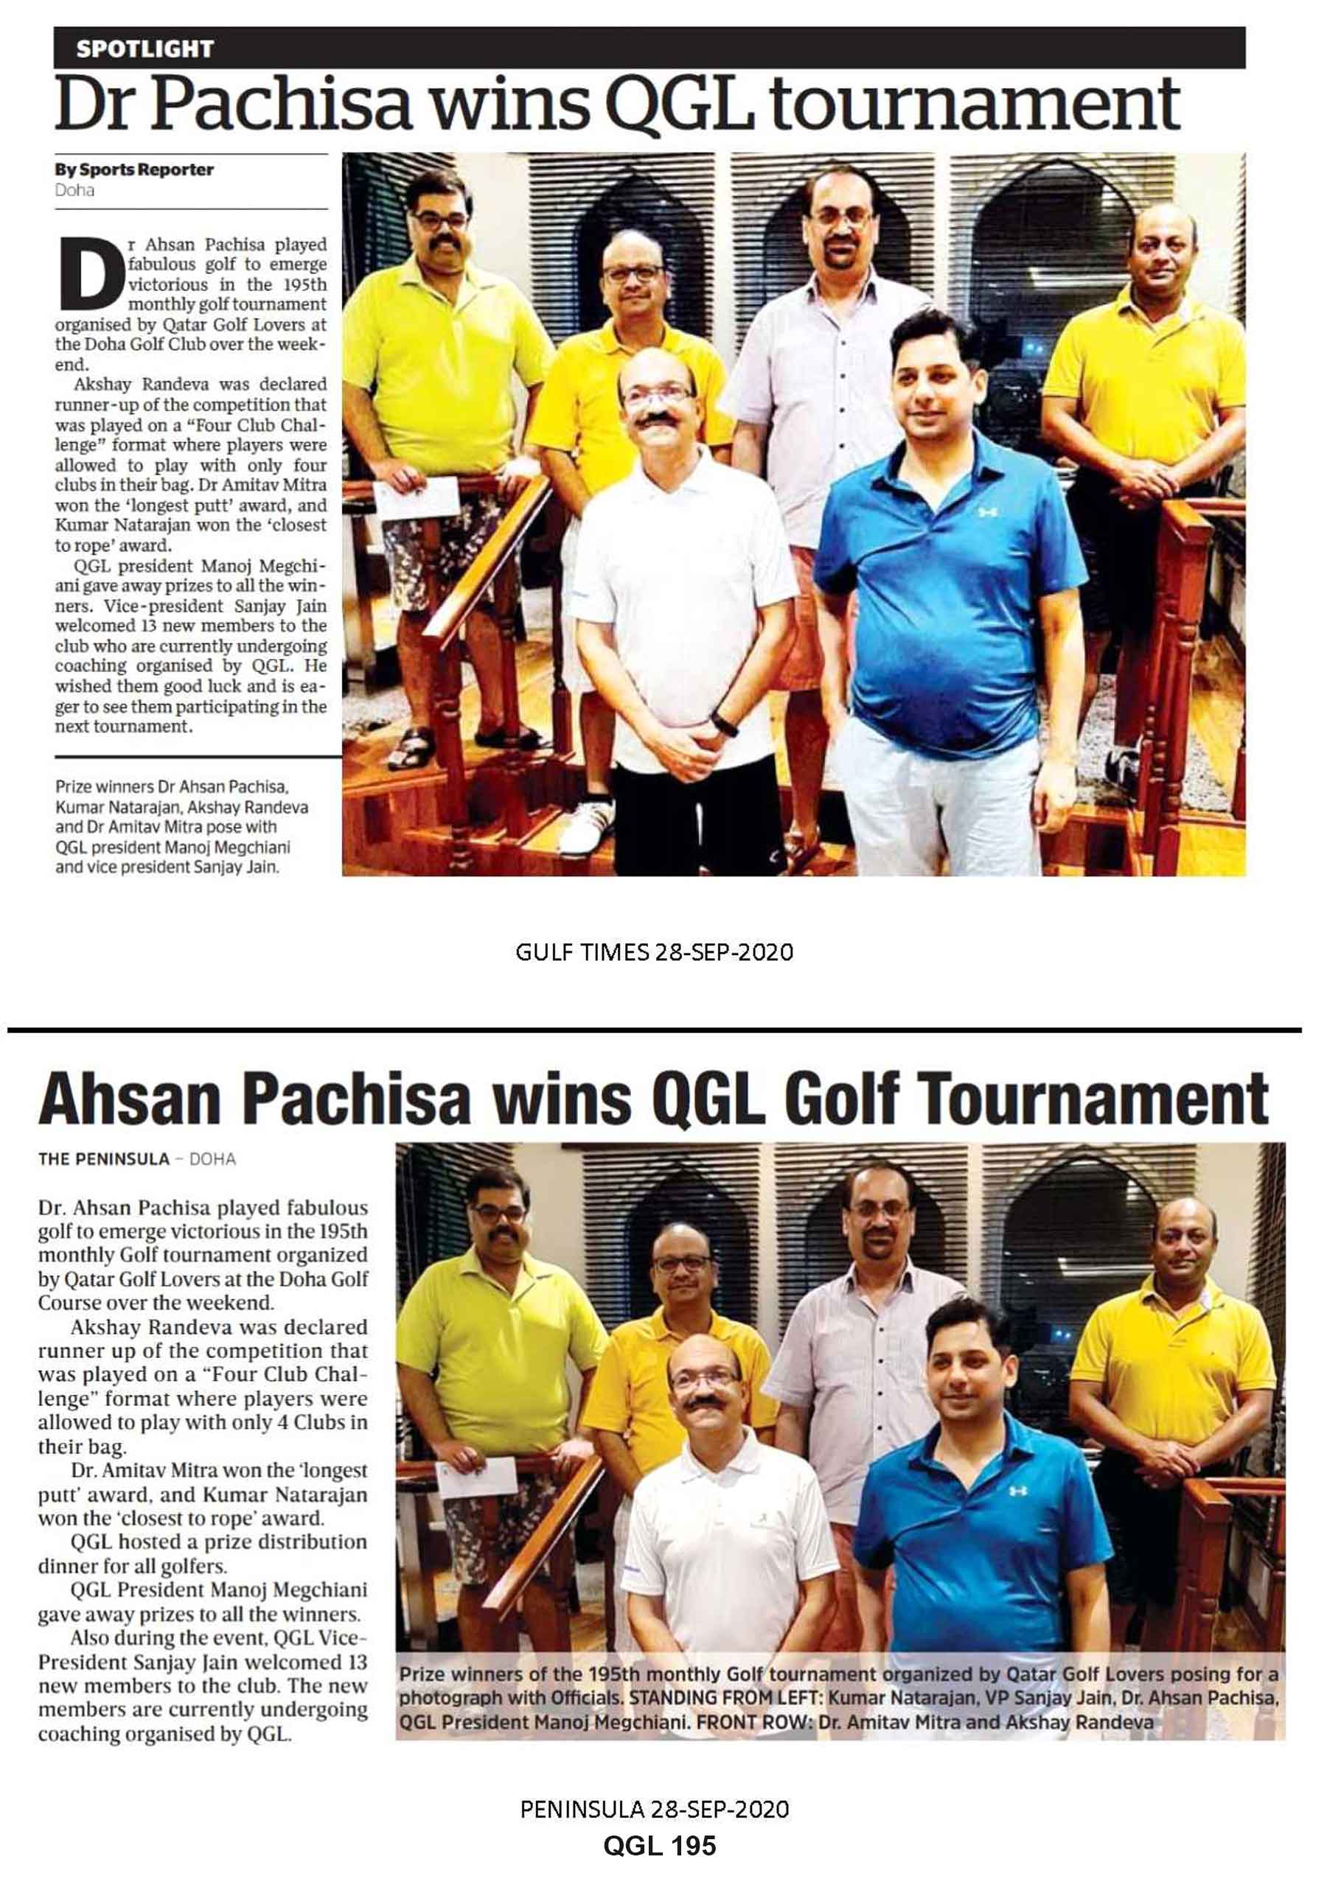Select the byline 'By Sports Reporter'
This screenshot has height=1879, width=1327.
134,169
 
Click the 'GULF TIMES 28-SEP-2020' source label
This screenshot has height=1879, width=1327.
654,952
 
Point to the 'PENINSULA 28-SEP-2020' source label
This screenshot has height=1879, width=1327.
654,1808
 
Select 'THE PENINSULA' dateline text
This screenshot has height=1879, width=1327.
104,1159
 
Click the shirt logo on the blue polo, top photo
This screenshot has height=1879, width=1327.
987,512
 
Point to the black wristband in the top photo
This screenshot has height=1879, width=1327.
724,724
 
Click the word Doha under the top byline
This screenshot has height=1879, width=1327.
74,190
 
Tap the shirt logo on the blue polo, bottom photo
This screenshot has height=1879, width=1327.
1017,1490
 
